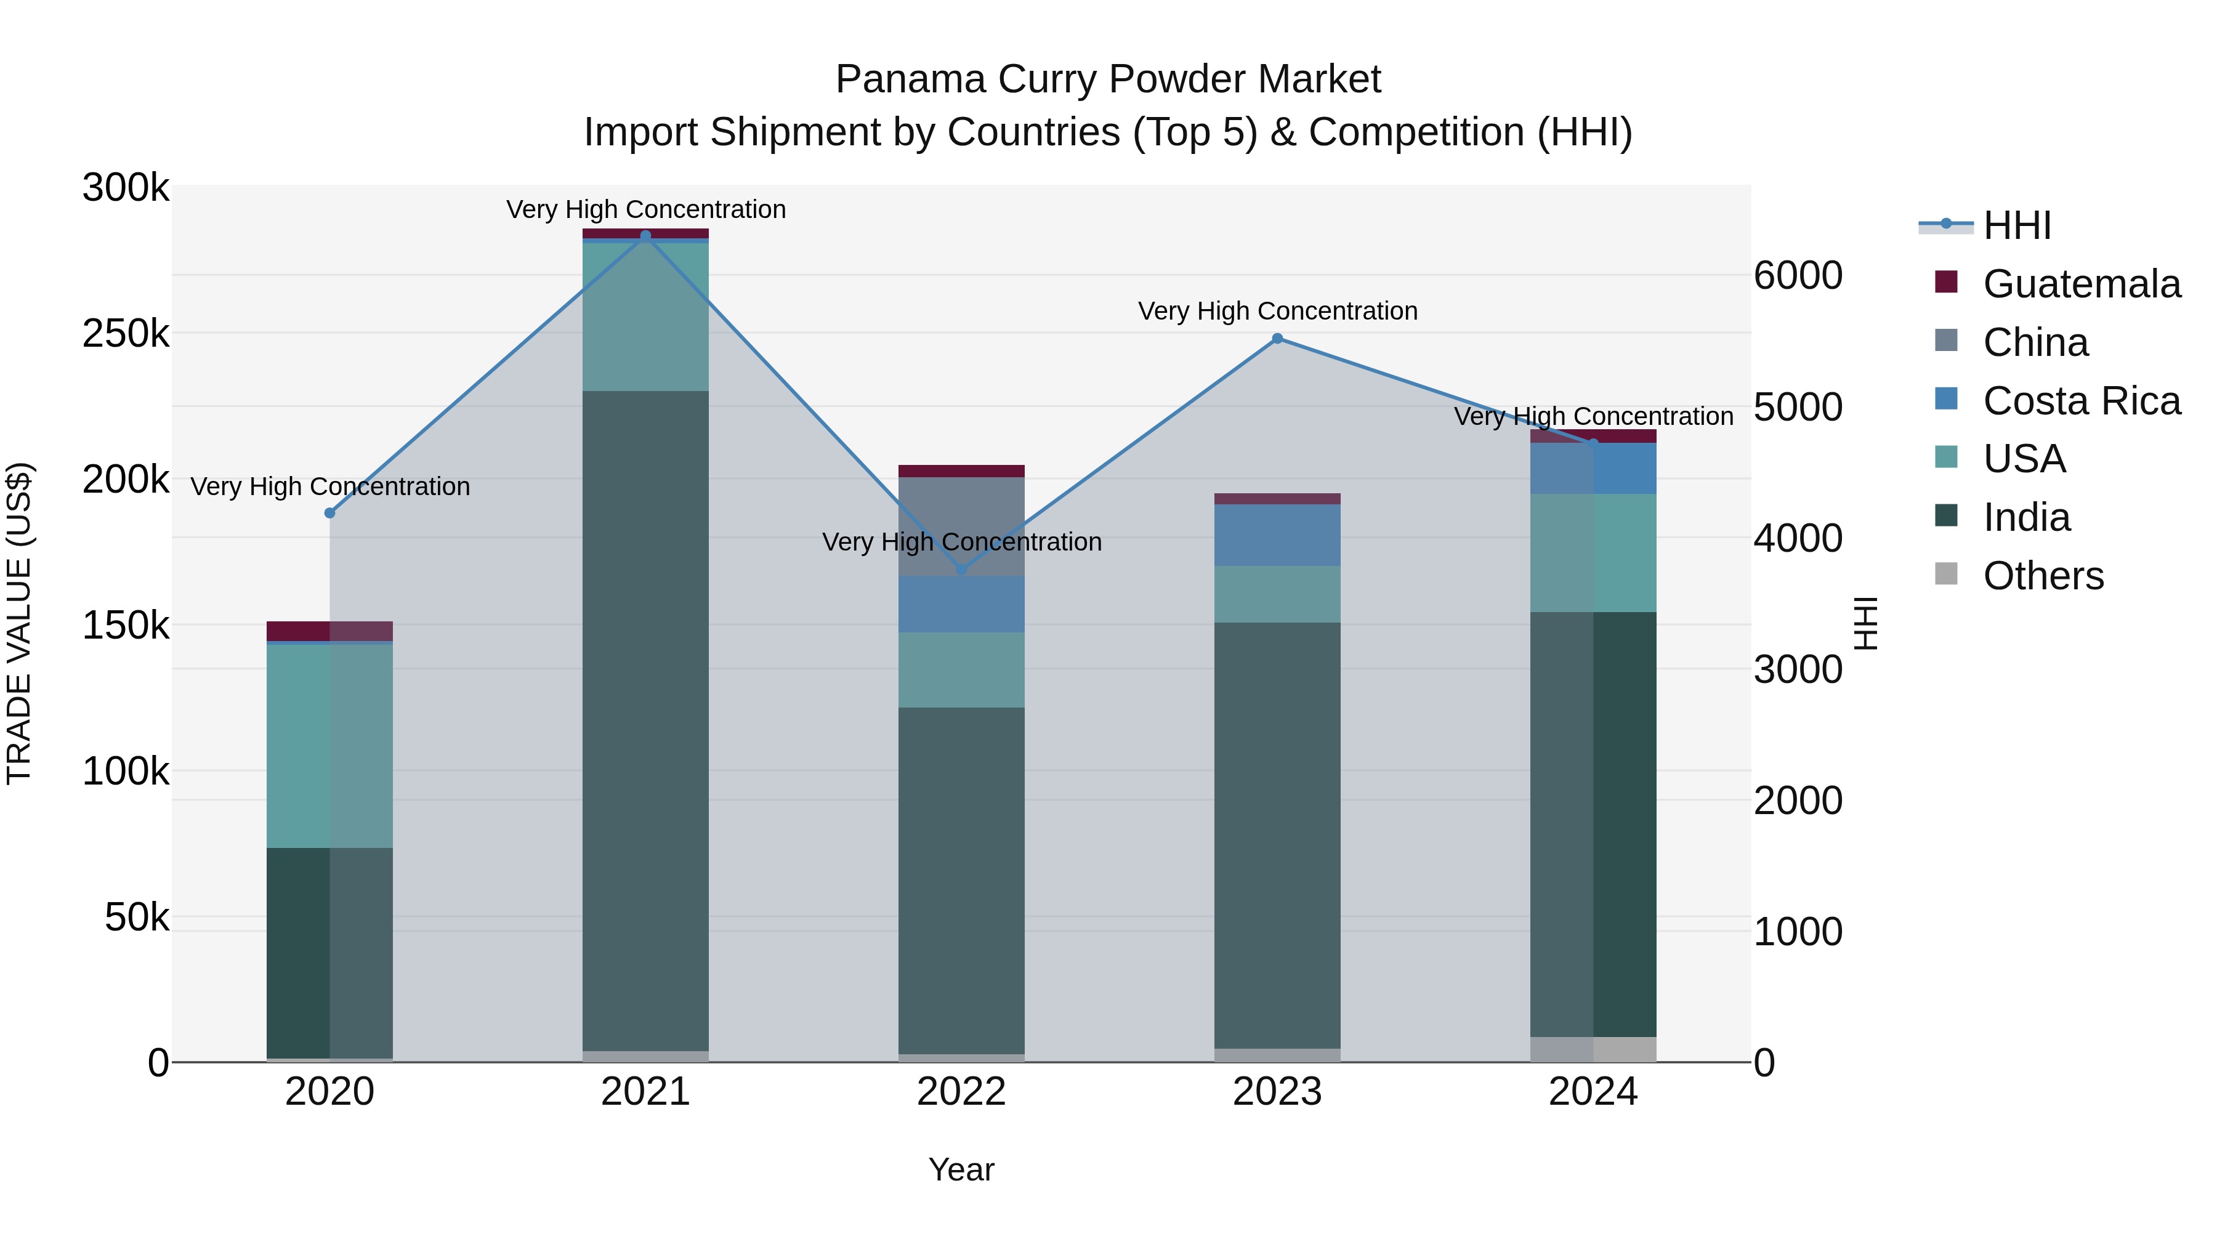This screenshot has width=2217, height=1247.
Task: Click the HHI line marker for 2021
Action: click(x=645, y=236)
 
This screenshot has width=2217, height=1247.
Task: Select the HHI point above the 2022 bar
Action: click(x=961, y=570)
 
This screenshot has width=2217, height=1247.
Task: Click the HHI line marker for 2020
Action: click(x=329, y=513)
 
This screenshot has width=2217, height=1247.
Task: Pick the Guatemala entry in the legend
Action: click(x=2081, y=284)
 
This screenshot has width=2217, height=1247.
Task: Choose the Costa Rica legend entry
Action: click(x=2081, y=401)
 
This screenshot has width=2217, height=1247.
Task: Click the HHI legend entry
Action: click(x=2016, y=225)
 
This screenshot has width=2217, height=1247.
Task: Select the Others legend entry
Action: click(x=2042, y=576)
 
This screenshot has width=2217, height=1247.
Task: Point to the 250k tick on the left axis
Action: click(x=126, y=334)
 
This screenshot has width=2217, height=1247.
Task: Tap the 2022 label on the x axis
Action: click(x=961, y=1092)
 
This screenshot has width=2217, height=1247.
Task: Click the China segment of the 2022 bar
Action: click(x=961, y=525)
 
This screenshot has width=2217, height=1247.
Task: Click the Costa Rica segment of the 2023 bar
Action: click(x=1277, y=535)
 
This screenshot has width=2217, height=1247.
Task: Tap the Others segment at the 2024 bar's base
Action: click(x=1593, y=1049)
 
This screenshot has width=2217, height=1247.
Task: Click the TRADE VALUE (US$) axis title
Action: click(x=20, y=623)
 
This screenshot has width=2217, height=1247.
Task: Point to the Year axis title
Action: click(x=961, y=1169)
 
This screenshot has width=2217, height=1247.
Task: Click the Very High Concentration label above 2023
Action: click(x=1277, y=311)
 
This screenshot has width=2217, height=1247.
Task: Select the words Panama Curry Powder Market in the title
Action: click(x=1108, y=79)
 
